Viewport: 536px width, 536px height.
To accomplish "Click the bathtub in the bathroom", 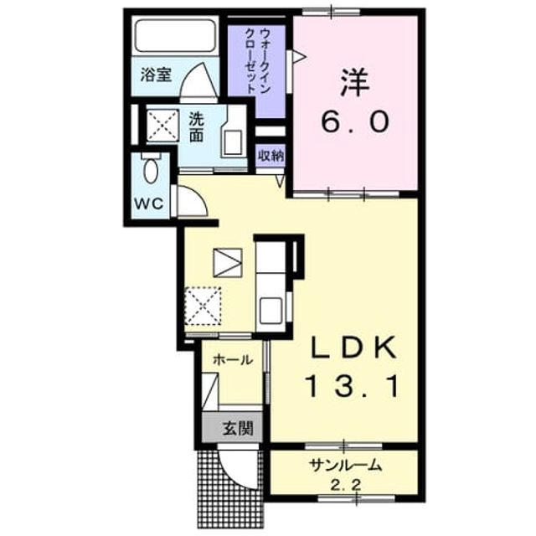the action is pyautogui.click(x=175, y=35).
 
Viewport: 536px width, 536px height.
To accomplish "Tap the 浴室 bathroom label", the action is pyautogui.click(x=156, y=75).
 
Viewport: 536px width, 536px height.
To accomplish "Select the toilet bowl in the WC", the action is pyautogui.click(x=151, y=171).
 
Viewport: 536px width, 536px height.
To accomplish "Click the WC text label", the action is pyautogui.click(x=149, y=204).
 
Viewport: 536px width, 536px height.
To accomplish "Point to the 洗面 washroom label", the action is pyautogui.click(x=197, y=126).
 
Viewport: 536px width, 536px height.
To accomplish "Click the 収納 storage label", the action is pyautogui.click(x=271, y=156).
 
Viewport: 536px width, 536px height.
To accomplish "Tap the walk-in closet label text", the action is pyautogui.click(x=258, y=61).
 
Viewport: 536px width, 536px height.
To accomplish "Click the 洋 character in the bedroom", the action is pyautogui.click(x=354, y=83).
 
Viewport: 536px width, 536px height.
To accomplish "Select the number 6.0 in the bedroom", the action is pyautogui.click(x=355, y=122).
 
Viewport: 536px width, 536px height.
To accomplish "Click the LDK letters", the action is pyautogui.click(x=353, y=348).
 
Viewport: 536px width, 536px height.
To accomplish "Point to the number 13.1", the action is pyautogui.click(x=353, y=386).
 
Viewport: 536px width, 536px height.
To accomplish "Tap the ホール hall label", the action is pyautogui.click(x=233, y=359).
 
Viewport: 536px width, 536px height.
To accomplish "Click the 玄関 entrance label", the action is pyautogui.click(x=238, y=428).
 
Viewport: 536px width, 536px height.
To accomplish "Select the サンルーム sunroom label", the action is pyautogui.click(x=345, y=465).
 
